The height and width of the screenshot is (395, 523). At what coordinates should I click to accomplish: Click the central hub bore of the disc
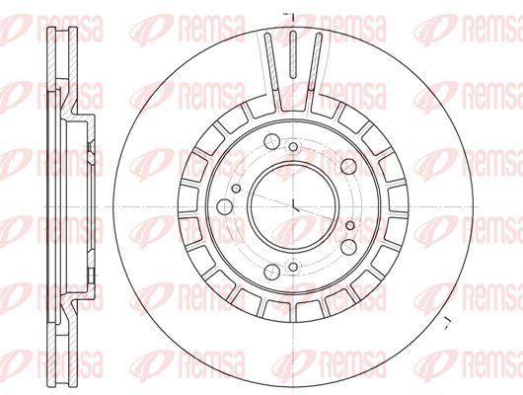coord(293,207)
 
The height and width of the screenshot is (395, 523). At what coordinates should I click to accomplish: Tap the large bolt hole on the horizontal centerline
coord(224,207)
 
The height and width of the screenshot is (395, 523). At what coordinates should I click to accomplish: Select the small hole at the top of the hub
coord(293,146)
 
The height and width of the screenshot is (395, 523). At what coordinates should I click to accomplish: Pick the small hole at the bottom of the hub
coord(293,267)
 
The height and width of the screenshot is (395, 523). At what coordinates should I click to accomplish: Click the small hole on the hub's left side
coord(236,189)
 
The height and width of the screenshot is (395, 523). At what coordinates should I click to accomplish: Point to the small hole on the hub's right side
coord(350,226)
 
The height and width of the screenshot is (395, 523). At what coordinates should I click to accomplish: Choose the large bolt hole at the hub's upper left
coord(271,141)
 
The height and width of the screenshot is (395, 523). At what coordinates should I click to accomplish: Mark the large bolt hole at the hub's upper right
coord(348,166)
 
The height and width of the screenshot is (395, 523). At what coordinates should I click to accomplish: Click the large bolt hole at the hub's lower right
coord(348,247)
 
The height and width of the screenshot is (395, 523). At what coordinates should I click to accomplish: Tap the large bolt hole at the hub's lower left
coord(271,272)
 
